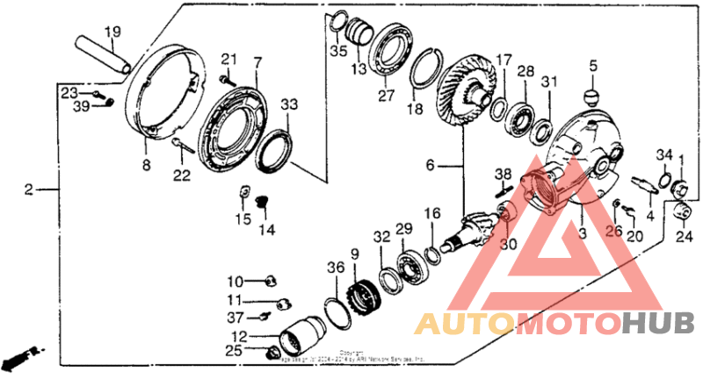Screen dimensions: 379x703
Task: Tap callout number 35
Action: click(338, 50)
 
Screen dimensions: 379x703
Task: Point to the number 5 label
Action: click(593, 65)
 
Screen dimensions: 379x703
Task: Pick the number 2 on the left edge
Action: click(29, 189)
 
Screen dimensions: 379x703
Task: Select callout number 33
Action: click(289, 104)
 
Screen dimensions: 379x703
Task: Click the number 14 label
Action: click(266, 230)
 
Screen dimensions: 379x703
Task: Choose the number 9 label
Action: click(355, 254)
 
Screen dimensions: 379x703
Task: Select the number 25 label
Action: click(235, 351)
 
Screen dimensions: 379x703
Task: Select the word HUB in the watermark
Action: click(658, 324)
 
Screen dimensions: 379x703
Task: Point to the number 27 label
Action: click(384, 97)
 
